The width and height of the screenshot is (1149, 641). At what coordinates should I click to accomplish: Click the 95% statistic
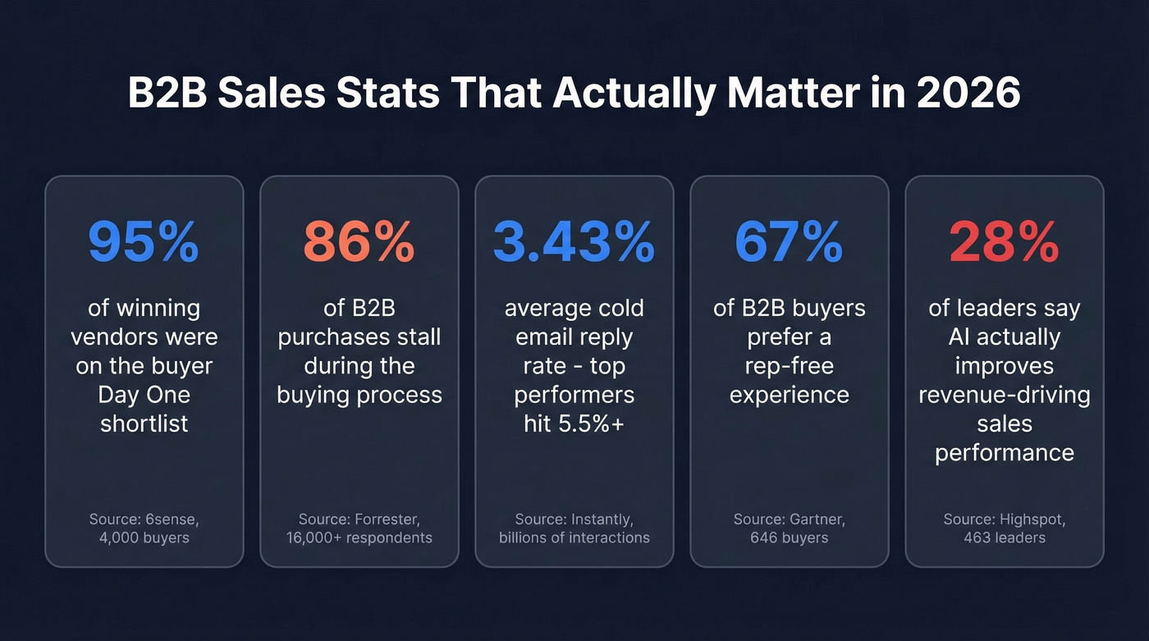click(144, 240)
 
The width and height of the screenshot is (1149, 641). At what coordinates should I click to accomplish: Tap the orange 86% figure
click(359, 240)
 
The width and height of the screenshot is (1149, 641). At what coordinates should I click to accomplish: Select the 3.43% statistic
click(574, 240)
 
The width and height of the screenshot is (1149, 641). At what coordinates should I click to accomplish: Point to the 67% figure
click(789, 240)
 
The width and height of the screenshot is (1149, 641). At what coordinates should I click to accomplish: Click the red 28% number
click(1004, 240)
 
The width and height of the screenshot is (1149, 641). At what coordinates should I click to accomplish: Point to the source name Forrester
click(386, 520)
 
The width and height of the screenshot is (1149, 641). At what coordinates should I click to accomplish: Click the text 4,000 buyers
click(144, 538)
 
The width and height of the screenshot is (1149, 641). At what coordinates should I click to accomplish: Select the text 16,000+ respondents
click(359, 538)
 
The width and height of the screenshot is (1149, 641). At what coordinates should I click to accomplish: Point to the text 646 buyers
click(789, 538)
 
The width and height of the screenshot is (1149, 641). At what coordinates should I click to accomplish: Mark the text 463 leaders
click(1004, 538)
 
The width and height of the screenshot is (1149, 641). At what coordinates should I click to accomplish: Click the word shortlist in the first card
click(144, 424)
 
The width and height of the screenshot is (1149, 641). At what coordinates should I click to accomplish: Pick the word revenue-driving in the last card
click(1004, 395)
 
